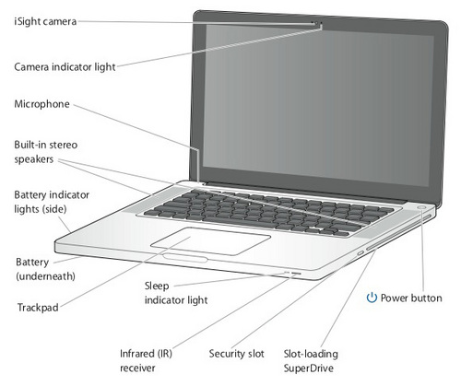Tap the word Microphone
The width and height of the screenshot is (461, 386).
click(42, 105)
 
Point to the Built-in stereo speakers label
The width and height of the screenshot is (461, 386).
click(41, 152)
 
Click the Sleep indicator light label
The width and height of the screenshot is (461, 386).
click(175, 293)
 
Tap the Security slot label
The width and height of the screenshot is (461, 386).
click(236, 353)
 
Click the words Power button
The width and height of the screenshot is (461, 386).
click(411, 298)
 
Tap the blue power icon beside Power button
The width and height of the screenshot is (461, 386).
click(372, 298)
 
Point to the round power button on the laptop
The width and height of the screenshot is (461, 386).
click(421, 207)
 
